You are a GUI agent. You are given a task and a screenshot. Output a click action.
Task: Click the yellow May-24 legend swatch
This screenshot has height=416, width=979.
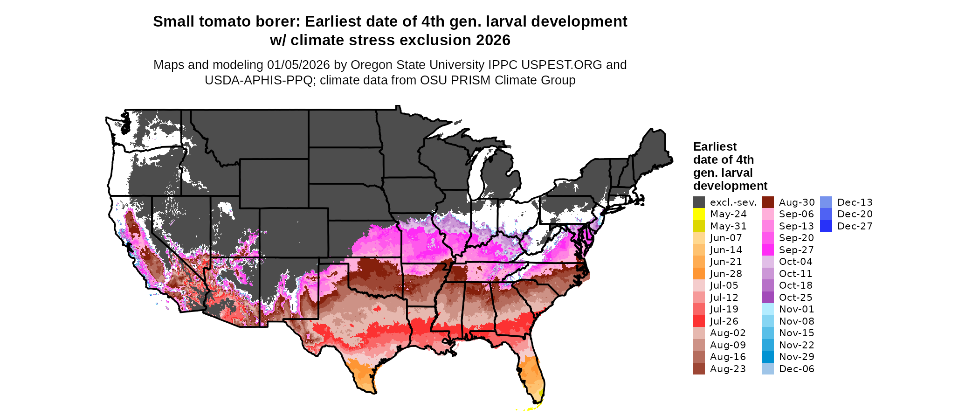(699, 214)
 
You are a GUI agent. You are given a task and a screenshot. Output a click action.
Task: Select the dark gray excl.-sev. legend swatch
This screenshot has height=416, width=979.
(699, 202)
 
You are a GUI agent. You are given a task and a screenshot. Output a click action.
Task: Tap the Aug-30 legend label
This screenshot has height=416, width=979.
(797, 202)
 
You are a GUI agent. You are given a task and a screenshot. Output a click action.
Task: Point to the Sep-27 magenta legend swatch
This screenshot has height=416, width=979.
(768, 250)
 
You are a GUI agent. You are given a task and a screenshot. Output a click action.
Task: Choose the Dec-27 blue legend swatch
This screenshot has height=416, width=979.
(826, 226)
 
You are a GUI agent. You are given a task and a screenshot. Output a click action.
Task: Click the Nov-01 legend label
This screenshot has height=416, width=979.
(796, 309)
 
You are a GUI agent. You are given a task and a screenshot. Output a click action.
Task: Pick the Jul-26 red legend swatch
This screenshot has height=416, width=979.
(699, 321)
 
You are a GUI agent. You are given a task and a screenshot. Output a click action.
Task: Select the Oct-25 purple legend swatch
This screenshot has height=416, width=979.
(768, 298)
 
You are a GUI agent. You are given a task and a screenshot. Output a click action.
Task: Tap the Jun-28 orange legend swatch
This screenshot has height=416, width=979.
(699, 274)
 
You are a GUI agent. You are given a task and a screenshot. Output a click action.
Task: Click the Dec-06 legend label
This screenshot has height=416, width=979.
(796, 369)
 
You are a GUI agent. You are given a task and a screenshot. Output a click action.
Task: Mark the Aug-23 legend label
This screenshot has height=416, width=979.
(728, 369)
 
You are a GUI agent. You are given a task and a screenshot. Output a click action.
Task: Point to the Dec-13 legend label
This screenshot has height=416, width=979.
(855, 202)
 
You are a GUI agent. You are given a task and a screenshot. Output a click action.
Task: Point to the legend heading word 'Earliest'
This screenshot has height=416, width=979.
(715, 147)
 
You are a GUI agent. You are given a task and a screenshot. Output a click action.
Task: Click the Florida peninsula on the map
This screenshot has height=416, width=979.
(531, 373)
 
